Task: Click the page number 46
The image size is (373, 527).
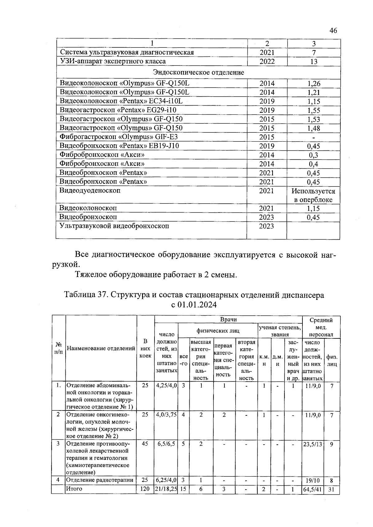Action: [x=333, y=30]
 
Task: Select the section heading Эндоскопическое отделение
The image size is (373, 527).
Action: [x=199, y=72]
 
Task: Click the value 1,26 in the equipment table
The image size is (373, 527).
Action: [x=314, y=84]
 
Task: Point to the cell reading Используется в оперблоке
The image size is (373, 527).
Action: [x=313, y=195]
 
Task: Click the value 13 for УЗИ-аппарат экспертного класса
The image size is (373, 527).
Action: [x=314, y=62]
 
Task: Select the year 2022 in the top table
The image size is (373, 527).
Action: [x=267, y=62]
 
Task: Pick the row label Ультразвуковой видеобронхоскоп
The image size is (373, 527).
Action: [x=114, y=226]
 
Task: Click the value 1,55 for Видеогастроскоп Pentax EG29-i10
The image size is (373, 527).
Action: [x=314, y=110]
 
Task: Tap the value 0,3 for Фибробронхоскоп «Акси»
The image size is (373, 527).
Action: [x=314, y=155]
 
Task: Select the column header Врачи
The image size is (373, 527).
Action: [x=228, y=320]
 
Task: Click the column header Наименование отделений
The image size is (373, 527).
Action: [x=101, y=348]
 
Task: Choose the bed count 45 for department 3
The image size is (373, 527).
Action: [x=145, y=444]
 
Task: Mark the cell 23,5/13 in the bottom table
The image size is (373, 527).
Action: [x=313, y=444]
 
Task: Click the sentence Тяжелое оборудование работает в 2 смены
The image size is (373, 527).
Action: [x=156, y=275]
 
